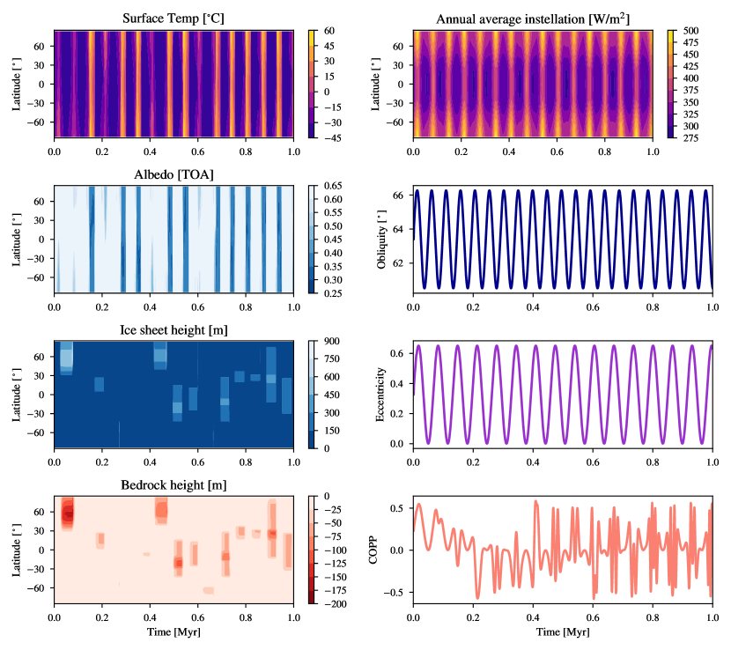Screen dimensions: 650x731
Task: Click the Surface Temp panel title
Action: (173, 18)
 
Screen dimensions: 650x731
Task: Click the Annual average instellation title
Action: (532, 18)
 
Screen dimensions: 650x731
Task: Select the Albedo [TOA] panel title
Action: (173, 174)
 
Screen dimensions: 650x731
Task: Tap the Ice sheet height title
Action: (173, 329)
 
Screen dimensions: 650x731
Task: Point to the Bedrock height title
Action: (173, 485)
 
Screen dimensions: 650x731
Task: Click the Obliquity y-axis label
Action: (381, 239)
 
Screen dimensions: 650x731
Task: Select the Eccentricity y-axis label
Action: (381, 395)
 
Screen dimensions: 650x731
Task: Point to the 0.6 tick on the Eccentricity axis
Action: (395, 353)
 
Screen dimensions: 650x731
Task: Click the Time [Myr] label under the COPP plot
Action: (562, 632)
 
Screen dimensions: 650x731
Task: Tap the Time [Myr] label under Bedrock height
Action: (173, 632)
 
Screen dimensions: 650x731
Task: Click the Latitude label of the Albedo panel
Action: (18, 239)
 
